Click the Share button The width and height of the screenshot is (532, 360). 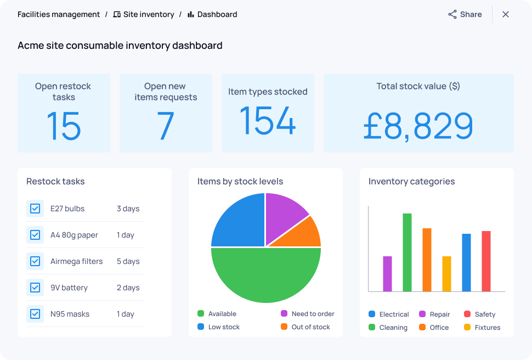tap(465, 15)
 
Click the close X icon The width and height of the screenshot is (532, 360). tap(506, 15)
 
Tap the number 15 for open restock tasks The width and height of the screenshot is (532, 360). tap(64, 126)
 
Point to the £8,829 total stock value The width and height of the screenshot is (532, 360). tap(418, 126)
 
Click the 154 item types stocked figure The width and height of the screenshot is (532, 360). tap(268, 120)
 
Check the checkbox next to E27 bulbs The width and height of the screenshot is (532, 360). tap(35, 209)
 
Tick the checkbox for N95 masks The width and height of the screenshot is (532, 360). tap(35, 314)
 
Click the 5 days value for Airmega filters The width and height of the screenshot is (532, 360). tap(128, 261)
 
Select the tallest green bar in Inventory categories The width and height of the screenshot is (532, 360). tap(407, 252)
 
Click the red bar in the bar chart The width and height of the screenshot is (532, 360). tap(486, 261)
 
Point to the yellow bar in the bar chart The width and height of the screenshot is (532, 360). tap(446, 274)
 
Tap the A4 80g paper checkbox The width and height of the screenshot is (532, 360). tap(35, 235)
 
